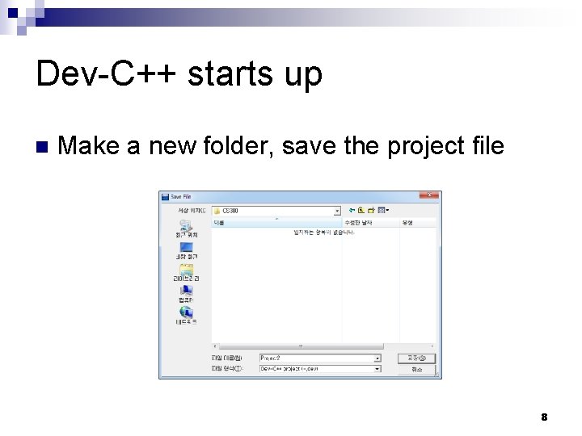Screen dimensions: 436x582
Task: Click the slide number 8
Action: point(544,417)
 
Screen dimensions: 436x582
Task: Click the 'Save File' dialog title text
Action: point(181,196)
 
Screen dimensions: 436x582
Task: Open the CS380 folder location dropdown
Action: point(337,210)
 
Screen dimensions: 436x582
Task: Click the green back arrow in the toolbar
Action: point(352,210)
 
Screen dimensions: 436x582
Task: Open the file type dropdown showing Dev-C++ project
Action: point(377,368)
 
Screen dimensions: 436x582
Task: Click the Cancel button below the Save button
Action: point(416,369)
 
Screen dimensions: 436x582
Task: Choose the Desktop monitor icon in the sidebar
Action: point(186,247)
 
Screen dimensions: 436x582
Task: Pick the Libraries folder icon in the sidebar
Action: point(186,269)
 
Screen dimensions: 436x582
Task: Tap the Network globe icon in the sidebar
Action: point(186,312)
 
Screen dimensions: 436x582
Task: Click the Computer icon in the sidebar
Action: point(186,290)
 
